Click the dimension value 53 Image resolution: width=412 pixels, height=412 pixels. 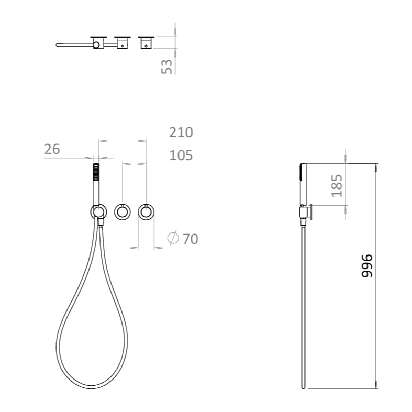167,66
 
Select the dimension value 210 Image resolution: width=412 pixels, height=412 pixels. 181,132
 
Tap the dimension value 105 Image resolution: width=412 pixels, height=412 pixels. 181,155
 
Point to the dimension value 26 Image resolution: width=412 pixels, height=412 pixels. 52,149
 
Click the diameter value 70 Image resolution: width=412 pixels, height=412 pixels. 190,239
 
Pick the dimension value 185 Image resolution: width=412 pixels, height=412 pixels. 337,184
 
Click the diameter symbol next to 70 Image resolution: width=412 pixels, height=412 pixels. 173,238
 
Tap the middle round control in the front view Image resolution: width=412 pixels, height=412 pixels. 123,211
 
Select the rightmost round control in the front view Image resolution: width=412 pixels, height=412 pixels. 146,211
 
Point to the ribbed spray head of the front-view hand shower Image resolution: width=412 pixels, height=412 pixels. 96,172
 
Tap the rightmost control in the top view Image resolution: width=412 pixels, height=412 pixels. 146,42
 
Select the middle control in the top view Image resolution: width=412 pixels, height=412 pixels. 123,42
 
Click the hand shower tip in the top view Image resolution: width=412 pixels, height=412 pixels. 58,45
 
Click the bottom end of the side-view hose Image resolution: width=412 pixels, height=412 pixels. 303,387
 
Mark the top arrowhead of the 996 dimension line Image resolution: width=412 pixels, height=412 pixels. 376,167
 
